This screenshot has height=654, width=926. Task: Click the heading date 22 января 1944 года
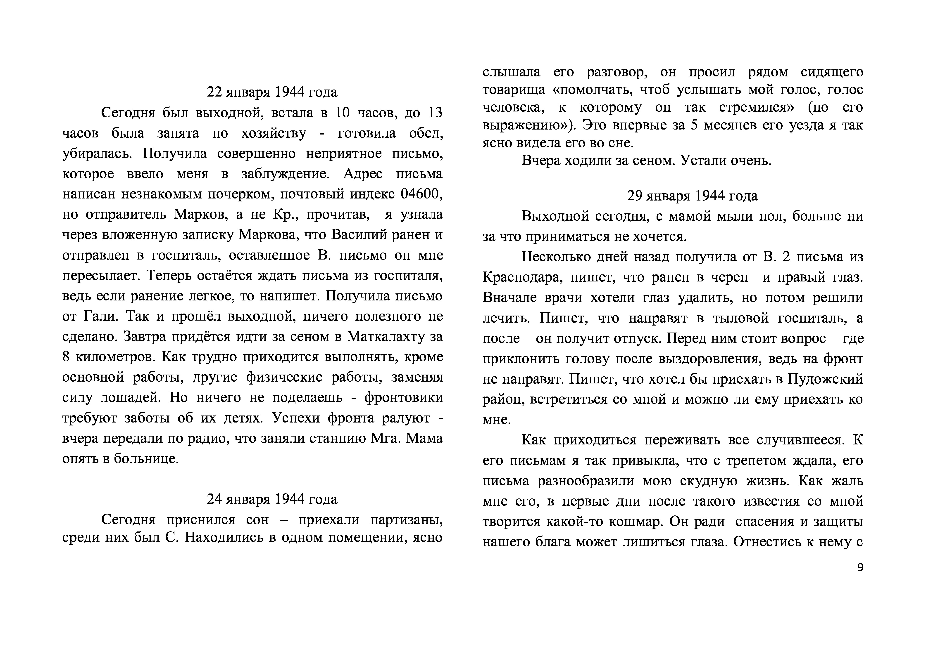272,92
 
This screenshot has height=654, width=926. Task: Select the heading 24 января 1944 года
272,499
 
